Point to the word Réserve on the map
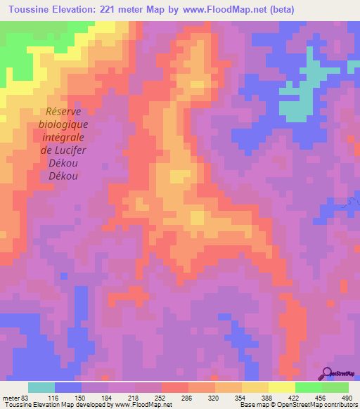pyautogui.click(x=63, y=111)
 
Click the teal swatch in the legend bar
pyautogui.click(x=41, y=387)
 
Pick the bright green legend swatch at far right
pyautogui.click(x=335, y=387)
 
